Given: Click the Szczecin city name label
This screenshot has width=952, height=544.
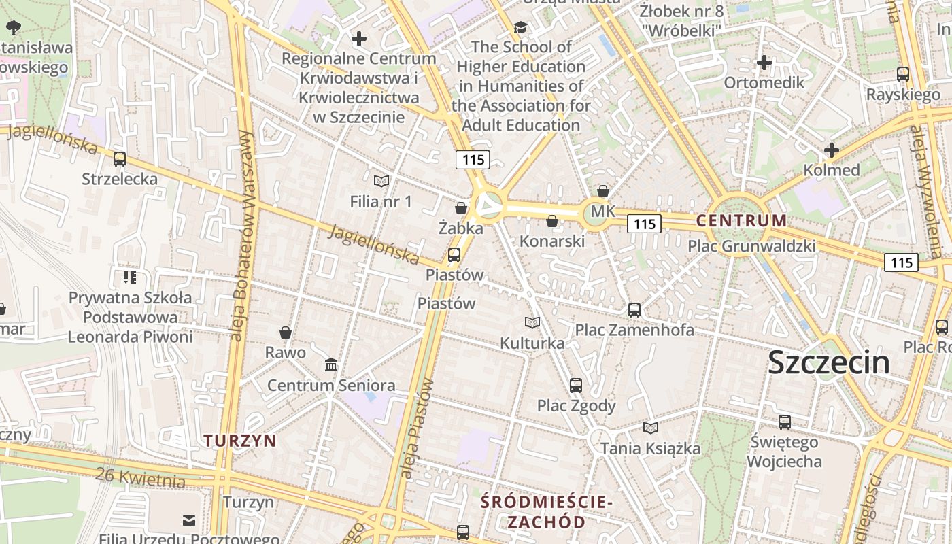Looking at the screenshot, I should tap(828, 362).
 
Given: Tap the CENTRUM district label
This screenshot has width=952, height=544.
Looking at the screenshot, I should tap(741, 220).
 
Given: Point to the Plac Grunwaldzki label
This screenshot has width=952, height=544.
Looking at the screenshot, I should tap(751, 246).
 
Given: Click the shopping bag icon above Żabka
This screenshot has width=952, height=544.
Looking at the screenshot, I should tap(461, 208).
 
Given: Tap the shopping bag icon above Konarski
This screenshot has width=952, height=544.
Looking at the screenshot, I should tap(552, 221).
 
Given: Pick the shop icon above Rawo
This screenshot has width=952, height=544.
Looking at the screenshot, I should tap(286, 333).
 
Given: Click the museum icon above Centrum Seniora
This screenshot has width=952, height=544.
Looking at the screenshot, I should tap(331, 365).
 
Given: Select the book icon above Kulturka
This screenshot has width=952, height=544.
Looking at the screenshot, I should tap(532, 322).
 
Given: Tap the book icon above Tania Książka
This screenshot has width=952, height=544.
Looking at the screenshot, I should tap(651, 428).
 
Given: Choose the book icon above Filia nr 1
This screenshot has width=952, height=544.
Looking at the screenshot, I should tap(381, 181).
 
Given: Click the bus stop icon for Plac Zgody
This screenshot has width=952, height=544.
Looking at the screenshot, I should tap(576, 385).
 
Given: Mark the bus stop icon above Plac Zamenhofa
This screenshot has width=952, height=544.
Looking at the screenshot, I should tap(634, 309).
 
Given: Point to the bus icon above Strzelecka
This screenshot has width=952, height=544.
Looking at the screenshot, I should tap(120, 159).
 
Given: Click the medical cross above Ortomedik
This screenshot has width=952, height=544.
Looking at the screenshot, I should tap(764, 63).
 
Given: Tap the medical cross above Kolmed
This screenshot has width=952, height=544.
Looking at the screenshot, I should tap(831, 150).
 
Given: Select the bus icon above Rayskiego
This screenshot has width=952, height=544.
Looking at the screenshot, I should tap(903, 74).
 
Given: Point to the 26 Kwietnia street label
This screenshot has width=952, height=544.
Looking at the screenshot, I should tap(141, 477).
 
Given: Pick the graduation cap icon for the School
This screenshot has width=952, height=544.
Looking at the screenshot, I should tap(521, 27).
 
